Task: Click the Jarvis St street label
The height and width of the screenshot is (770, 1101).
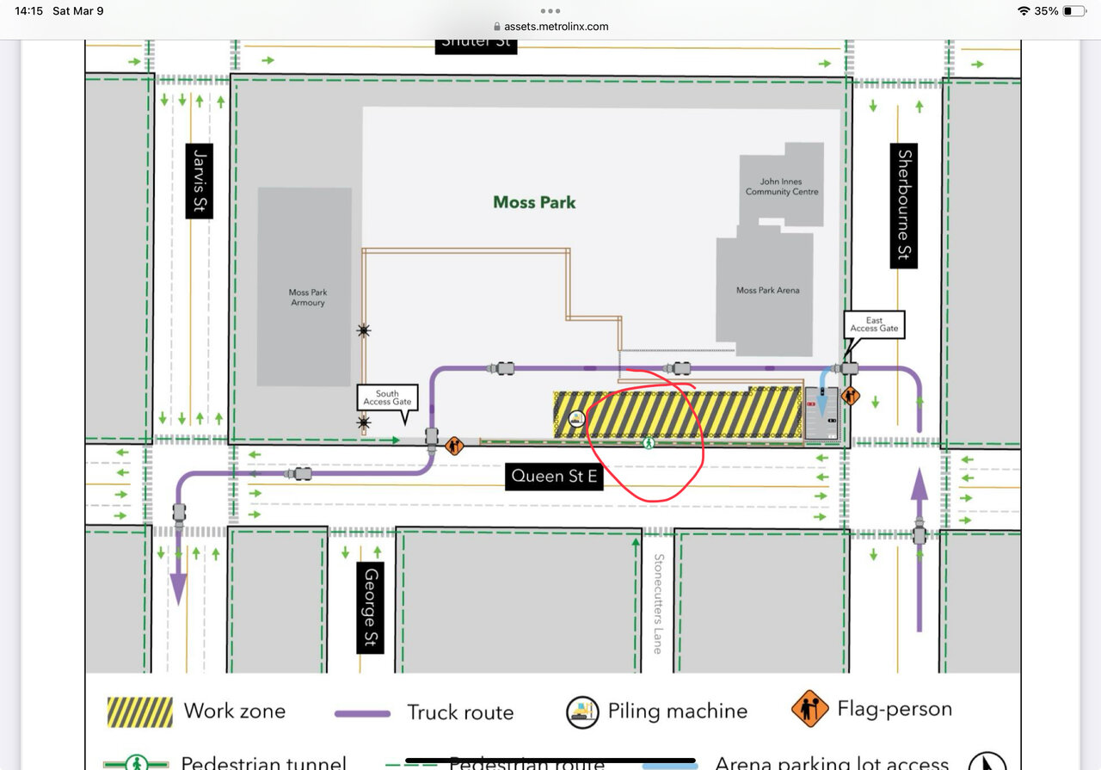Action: coord(199,181)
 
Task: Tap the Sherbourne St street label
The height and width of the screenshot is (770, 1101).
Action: coord(903,206)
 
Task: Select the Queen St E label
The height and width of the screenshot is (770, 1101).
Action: coord(553,476)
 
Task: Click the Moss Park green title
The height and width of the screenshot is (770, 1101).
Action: coord(534,202)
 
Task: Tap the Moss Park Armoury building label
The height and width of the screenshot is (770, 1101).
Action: coord(307,298)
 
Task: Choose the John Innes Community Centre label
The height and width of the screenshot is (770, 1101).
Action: coord(781,187)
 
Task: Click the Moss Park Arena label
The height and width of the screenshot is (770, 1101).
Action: coord(767,291)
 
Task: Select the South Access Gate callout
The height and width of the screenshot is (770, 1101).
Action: coord(387,397)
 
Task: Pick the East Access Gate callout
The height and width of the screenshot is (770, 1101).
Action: coord(874,323)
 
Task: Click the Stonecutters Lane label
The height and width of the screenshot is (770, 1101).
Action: coord(658,603)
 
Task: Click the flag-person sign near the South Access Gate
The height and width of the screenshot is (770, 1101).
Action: coord(454,446)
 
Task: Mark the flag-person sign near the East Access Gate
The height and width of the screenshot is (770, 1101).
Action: coord(851,397)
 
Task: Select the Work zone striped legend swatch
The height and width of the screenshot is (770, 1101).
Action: coord(139,711)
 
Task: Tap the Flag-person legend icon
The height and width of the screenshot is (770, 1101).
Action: coord(809,710)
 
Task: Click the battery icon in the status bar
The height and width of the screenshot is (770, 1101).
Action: coord(1073,11)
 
